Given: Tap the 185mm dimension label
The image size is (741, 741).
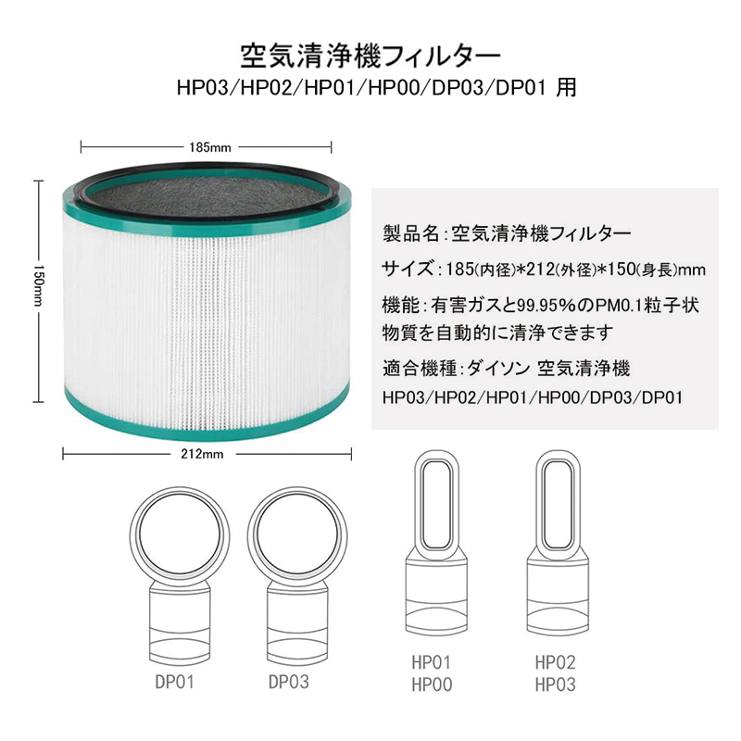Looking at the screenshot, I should point(207,147).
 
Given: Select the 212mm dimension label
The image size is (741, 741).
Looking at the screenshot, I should point(207,454).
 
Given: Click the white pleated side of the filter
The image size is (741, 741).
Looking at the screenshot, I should point(207,306).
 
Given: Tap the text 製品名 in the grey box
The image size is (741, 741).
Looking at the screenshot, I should point(408,232).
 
